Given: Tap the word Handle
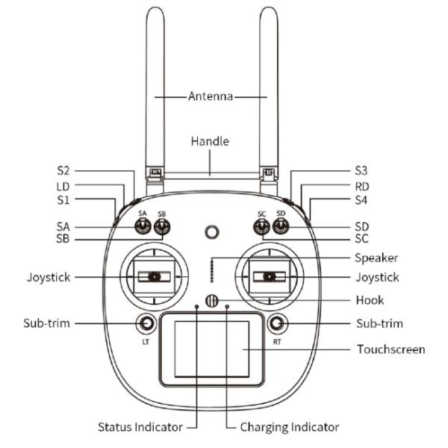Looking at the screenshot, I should (x=210, y=141).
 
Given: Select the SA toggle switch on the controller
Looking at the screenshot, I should (x=143, y=227).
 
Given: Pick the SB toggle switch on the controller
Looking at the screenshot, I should (x=161, y=227).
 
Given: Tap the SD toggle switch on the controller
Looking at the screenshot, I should (x=281, y=227).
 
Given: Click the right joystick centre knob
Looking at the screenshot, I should (x=270, y=277).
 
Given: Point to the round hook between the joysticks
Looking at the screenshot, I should (x=211, y=302).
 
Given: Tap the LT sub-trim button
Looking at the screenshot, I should (x=146, y=323).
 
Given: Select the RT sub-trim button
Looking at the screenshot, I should (x=278, y=323).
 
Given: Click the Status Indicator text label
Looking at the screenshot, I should (x=140, y=427).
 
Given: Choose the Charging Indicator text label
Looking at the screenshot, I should (x=290, y=427).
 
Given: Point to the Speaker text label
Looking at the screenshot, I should (x=376, y=258).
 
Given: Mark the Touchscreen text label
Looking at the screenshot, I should (x=391, y=349).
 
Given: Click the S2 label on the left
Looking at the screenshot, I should (x=63, y=170).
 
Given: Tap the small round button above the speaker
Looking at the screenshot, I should (x=212, y=232).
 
